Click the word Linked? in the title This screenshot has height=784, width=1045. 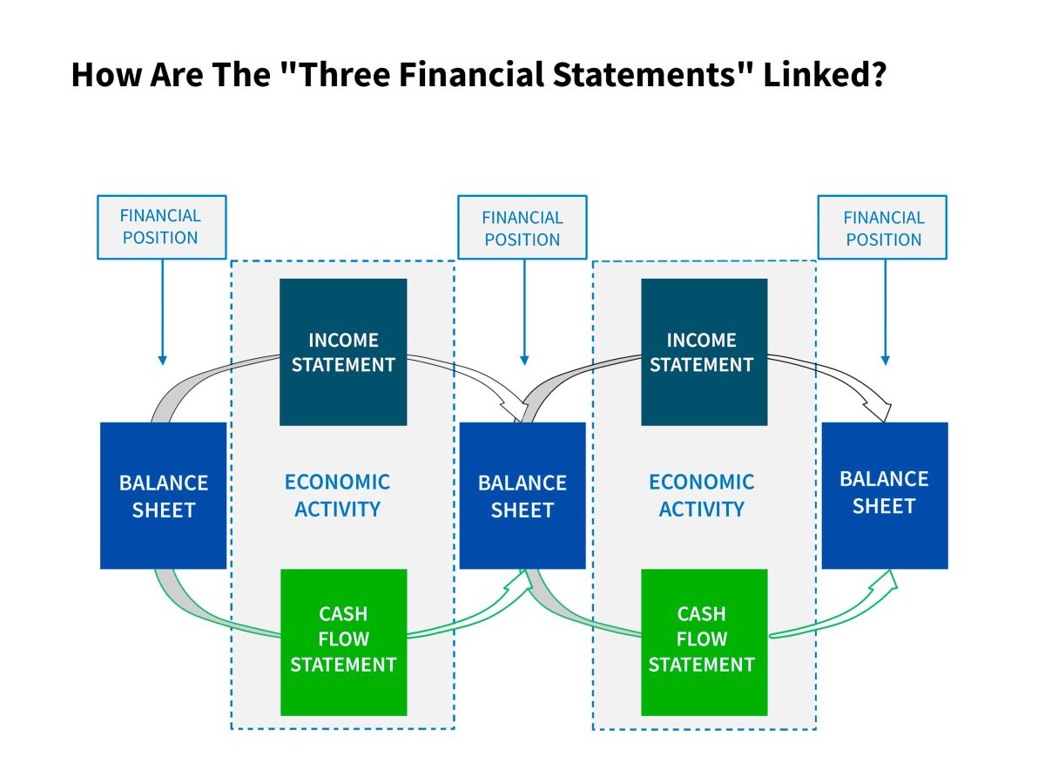(824, 74)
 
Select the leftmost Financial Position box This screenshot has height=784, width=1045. (162, 227)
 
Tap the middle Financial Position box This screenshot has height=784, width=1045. (522, 227)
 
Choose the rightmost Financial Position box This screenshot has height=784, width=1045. (882, 227)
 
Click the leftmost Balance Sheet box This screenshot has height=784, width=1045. (164, 496)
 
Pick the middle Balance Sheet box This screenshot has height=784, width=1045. (522, 496)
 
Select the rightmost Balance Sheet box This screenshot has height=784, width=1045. (885, 496)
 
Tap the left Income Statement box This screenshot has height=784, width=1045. (343, 352)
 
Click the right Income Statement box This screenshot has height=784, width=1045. (705, 352)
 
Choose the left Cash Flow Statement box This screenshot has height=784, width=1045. (344, 642)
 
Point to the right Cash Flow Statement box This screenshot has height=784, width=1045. (705, 642)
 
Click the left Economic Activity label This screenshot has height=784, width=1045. (337, 496)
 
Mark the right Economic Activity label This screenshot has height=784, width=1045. (701, 496)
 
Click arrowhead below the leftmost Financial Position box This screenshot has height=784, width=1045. (162, 361)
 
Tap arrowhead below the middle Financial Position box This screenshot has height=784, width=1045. (524, 361)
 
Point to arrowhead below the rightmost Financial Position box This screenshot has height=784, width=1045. (885, 361)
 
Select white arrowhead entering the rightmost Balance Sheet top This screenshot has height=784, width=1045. (880, 410)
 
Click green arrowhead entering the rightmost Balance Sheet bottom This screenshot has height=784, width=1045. (886, 582)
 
